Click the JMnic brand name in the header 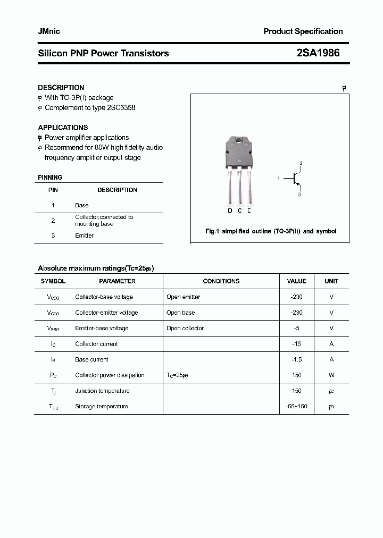pyautogui.click(x=49, y=31)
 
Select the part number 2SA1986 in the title pyautogui.click(x=318, y=53)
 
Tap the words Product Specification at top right pyautogui.click(x=303, y=31)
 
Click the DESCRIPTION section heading pyautogui.click(x=61, y=88)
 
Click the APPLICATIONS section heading pyautogui.click(x=63, y=128)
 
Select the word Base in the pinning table pyautogui.click(x=82, y=205)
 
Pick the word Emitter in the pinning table pyautogui.click(x=84, y=236)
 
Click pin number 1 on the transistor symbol pyautogui.click(x=278, y=179)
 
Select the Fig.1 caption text pyautogui.click(x=270, y=232)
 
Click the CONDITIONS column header pyautogui.click(x=221, y=281)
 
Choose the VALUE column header pyautogui.click(x=296, y=281)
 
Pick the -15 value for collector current pyautogui.click(x=296, y=344)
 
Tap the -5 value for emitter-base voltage pyautogui.click(x=296, y=328)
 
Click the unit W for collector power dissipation pyautogui.click(x=331, y=375)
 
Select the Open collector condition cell pyautogui.click(x=185, y=328)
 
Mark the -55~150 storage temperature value pyautogui.click(x=296, y=407)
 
